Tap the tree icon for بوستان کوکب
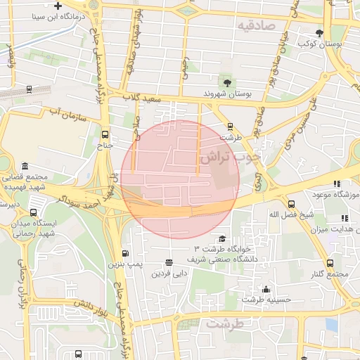tap(320, 33)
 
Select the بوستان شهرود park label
tap(227, 93)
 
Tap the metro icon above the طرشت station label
tap(229, 127)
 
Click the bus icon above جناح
tap(105, 134)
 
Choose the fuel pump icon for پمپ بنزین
tap(125, 253)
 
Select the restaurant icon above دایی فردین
tap(168, 262)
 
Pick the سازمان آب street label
tap(67, 114)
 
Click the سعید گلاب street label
tap(143, 98)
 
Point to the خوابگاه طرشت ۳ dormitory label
tap(225, 250)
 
